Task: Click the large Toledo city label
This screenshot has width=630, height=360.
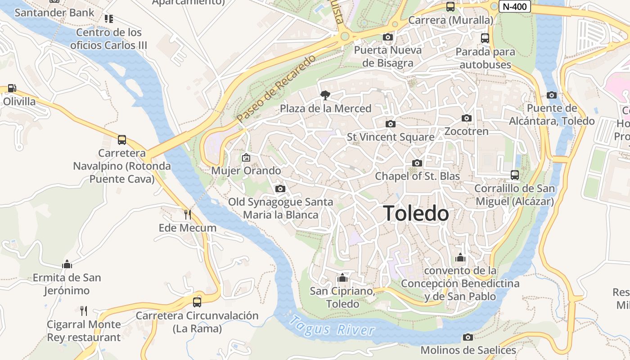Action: (x=416, y=213)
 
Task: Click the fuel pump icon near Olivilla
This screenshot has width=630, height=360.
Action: (x=12, y=88)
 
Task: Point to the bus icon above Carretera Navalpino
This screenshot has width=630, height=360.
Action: (x=122, y=140)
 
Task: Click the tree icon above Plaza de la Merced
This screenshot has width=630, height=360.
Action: (x=325, y=95)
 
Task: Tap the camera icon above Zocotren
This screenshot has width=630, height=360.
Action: (x=467, y=118)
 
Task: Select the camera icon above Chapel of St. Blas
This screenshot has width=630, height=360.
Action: (x=417, y=163)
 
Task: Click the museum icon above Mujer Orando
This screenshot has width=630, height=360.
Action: (x=246, y=157)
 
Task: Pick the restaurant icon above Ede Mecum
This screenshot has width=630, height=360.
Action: (x=188, y=214)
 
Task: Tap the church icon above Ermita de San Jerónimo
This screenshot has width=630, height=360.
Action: (x=67, y=264)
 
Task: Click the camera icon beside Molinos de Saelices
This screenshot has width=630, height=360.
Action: (x=468, y=337)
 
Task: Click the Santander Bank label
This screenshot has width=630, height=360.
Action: (x=54, y=12)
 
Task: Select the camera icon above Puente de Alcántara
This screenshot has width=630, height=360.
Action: (x=552, y=95)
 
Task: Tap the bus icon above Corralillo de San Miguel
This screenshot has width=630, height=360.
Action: (x=515, y=175)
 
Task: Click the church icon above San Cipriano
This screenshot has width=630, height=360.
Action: (x=342, y=278)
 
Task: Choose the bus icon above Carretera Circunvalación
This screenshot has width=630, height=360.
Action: (x=197, y=302)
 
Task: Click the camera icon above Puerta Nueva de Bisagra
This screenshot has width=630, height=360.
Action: (x=388, y=37)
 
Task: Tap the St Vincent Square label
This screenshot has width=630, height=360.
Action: (x=391, y=137)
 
